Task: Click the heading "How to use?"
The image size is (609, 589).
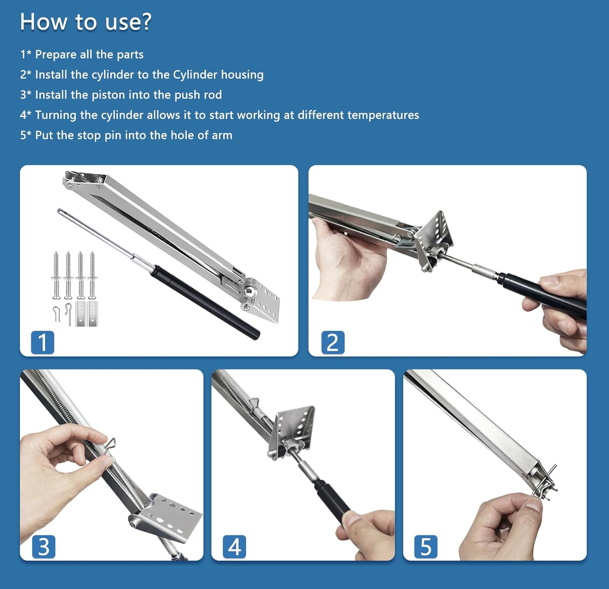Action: click(86, 22)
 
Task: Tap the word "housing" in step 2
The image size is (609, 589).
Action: click(242, 75)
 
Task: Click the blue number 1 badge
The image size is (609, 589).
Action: click(43, 342)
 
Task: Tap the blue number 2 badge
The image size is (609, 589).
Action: click(333, 342)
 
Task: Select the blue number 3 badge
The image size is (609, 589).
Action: click(43, 547)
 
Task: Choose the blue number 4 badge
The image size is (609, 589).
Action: click(235, 547)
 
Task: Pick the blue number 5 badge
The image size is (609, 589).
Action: click(426, 547)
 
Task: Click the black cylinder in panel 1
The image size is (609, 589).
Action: click(205, 302)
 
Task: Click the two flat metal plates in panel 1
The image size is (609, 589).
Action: click(87, 313)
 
